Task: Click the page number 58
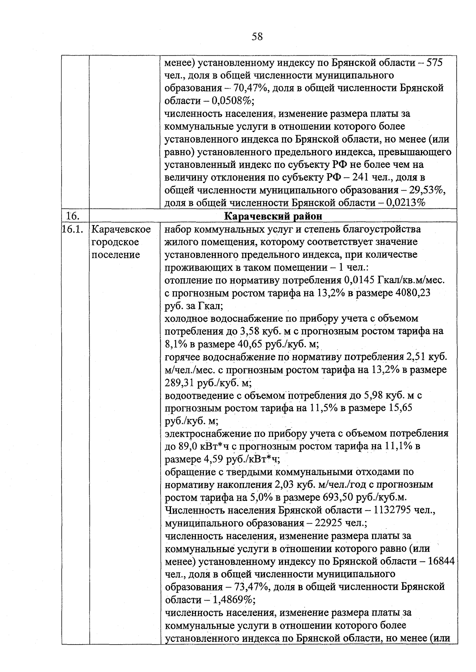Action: click(257, 37)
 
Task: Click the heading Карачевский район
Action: click(273, 216)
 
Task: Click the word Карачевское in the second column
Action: click(121, 229)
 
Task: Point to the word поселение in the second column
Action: click(116, 255)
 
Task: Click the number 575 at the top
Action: click(434, 63)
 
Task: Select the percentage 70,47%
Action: click(254, 88)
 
